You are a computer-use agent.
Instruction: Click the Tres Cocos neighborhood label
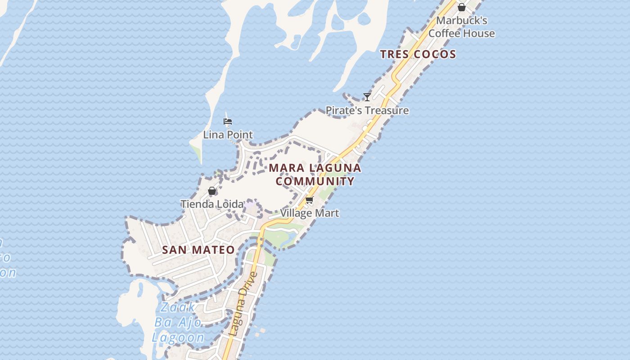pos(418,54)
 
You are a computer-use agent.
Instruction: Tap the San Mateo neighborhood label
pos(198,250)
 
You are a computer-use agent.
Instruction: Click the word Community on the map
pos(315,181)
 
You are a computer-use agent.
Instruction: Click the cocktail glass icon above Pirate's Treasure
pos(367,97)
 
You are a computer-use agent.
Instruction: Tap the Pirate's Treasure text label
pos(367,110)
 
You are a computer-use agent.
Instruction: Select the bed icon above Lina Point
pos(228,121)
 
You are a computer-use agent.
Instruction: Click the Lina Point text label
pos(228,135)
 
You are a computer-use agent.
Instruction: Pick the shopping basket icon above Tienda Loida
pos(212,191)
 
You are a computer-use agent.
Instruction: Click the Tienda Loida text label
pos(212,204)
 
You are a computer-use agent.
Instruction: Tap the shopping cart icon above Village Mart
pos(309,200)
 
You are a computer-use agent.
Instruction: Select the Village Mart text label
pos(310,213)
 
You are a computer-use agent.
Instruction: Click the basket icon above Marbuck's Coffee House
pos(461,7)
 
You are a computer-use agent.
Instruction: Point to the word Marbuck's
pos(462,21)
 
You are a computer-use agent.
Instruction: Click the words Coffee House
pos(462,33)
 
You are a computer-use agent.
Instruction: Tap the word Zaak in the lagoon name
pos(178,307)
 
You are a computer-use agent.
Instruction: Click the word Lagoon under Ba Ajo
pos(178,337)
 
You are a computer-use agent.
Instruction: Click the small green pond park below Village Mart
pos(281,237)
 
